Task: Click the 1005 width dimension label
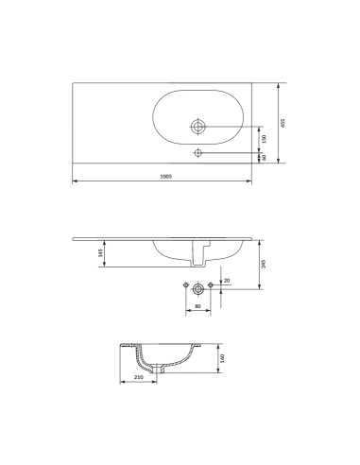[164, 177]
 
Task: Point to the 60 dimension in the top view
[264, 157]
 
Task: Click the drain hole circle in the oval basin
[198, 125]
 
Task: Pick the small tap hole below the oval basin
[198, 152]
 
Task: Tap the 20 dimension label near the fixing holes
[226, 280]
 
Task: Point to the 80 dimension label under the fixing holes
[197, 306]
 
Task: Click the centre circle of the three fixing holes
[197, 287]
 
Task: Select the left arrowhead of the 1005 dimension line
[75, 181]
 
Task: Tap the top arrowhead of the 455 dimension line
[279, 83]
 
